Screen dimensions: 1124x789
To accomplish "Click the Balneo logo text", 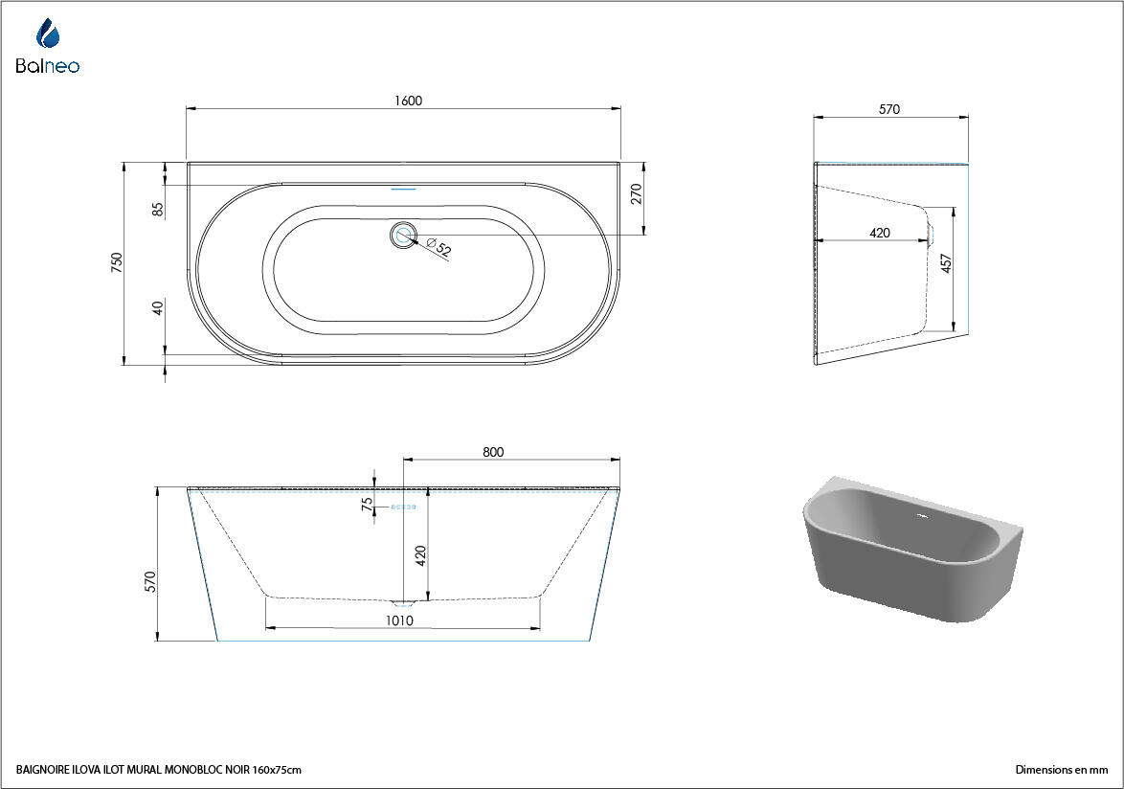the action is click(x=47, y=66).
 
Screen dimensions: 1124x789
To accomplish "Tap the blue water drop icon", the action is click(x=48, y=34).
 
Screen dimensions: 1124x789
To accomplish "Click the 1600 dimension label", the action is click(x=408, y=101).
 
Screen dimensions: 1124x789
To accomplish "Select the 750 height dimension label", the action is click(x=117, y=261).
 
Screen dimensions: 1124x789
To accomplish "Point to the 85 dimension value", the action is click(x=158, y=209).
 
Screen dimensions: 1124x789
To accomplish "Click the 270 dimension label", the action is click(x=636, y=194).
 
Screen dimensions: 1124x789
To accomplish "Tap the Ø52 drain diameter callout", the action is click(x=439, y=248).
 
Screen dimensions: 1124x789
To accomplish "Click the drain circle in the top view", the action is click(x=404, y=235).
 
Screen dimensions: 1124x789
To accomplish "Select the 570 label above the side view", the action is click(x=888, y=110).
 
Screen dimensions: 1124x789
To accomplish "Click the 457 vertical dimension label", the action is click(x=946, y=263).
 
